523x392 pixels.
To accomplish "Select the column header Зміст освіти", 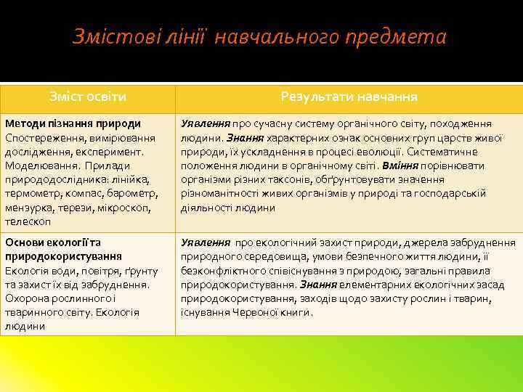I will pyautogui.click(x=88, y=97).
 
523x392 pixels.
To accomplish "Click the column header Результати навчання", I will pyautogui.click(x=349, y=97).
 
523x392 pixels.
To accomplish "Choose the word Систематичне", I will pyautogui.click(x=442, y=152).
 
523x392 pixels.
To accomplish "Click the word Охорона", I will pyautogui.click(x=27, y=298).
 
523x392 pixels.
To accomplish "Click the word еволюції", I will pyautogui.click(x=378, y=152).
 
